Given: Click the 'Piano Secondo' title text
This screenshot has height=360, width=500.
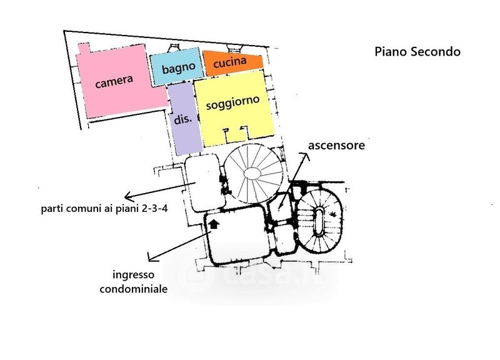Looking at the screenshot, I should click(x=417, y=52).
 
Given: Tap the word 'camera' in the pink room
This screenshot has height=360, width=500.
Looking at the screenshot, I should click(x=114, y=81).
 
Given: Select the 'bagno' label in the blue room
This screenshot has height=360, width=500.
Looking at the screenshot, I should click(x=175, y=69).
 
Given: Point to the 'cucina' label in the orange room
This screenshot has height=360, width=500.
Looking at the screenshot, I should click(x=229, y=64).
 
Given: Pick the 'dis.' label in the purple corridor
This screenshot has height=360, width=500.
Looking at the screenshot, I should click(x=182, y=119).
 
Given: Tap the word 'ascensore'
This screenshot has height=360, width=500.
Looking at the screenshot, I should click(x=336, y=145).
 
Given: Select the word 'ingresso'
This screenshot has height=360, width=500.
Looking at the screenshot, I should click(x=133, y=275).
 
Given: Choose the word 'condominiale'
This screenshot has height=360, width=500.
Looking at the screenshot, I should click(x=133, y=289).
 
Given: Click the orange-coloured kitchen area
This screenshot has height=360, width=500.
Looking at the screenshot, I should click(x=249, y=63).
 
